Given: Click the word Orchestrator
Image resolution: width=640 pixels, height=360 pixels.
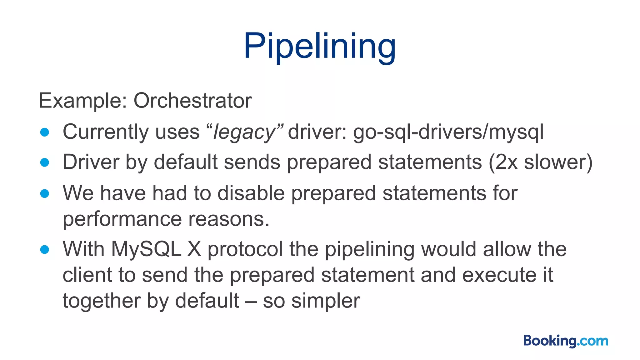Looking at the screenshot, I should [x=192, y=101].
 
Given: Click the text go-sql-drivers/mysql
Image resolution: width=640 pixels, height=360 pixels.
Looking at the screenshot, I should [x=448, y=132].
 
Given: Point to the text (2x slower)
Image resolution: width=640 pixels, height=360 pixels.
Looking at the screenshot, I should [x=540, y=162].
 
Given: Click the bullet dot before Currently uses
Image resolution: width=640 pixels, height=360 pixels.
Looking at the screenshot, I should [x=45, y=132].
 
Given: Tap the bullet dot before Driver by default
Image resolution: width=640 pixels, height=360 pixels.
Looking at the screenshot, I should [x=45, y=162].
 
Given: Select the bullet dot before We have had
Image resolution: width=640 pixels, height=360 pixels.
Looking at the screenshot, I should [x=45, y=193].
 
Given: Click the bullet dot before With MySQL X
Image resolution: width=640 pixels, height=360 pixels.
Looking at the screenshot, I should [x=45, y=249].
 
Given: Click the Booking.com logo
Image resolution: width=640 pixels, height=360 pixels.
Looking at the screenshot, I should [x=566, y=341].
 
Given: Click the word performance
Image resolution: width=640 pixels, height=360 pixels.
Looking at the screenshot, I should [x=122, y=219].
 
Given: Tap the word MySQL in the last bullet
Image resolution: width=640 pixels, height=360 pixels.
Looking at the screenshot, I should [x=146, y=249].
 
